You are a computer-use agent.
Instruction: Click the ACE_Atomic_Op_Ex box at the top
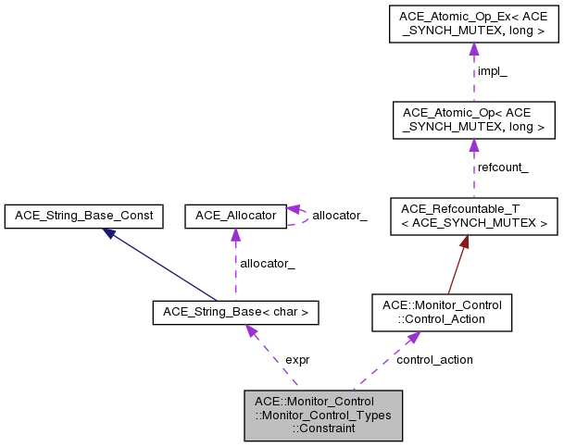point(472,25)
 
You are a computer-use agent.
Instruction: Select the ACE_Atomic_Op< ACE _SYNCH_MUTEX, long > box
point(472,120)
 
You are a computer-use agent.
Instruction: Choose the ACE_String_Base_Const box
point(84,217)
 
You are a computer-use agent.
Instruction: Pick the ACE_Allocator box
point(235,217)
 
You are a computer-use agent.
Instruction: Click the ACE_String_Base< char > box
point(235,313)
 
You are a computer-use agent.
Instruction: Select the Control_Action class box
point(441,312)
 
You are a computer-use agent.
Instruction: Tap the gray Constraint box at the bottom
point(321,414)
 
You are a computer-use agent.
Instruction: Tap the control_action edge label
point(434,359)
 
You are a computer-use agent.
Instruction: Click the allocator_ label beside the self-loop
point(339,216)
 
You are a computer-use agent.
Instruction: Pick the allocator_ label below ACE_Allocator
point(268,264)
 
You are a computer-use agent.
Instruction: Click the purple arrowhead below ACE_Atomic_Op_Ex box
point(473,52)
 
